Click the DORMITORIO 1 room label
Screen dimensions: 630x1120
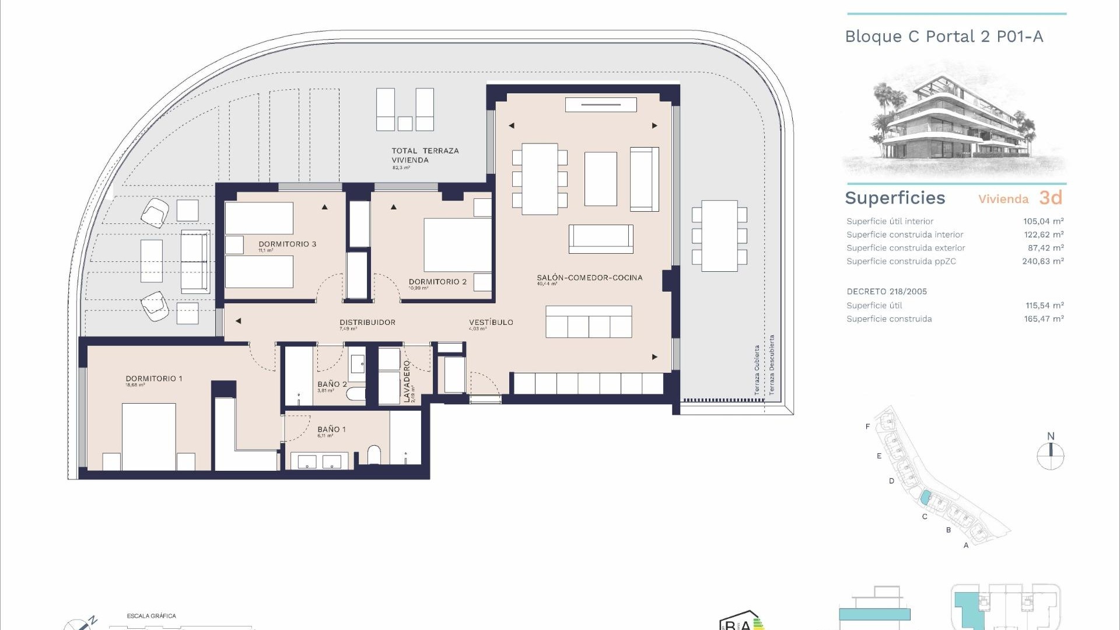point(154,379)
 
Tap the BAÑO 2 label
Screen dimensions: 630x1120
point(332,384)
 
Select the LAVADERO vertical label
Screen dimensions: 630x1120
point(407,381)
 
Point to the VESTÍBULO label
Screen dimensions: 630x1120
point(491,322)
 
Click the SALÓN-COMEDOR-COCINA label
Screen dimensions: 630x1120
point(589,278)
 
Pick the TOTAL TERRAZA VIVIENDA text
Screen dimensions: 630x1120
point(425,155)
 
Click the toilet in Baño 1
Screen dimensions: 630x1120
point(374,456)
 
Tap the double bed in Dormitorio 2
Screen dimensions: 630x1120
point(457,245)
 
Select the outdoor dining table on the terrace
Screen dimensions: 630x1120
point(719,236)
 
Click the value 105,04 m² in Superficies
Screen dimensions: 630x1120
point(1043,221)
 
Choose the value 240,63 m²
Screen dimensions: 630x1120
point(1042,261)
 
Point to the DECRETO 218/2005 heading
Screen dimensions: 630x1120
point(886,292)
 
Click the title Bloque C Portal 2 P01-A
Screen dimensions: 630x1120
point(944,37)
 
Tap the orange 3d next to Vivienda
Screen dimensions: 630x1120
point(1051,198)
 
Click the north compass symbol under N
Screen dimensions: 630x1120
point(1050,456)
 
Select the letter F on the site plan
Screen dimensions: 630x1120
point(867,426)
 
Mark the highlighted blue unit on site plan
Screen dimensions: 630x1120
point(925,498)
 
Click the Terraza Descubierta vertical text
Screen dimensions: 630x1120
point(772,365)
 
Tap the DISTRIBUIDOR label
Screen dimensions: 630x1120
point(367,322)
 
